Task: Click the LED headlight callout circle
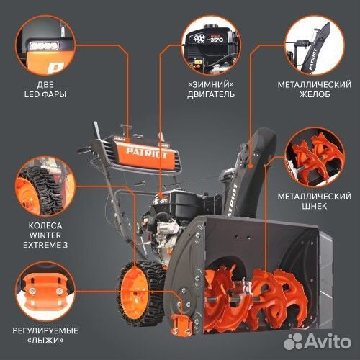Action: (x=45, y=45)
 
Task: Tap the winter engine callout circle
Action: (x=211, y=45)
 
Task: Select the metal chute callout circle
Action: (x=315, y=45)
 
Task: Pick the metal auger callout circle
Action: (x=315, y=157)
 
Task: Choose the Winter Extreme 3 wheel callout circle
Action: (x=45, y=186)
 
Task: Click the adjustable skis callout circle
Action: (x=45, y=292)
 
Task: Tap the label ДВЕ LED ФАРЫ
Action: (x=45, y=89)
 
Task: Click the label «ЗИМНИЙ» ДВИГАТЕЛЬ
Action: (x=211, y=89)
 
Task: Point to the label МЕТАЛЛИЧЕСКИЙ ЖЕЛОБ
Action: (x=315, y=89)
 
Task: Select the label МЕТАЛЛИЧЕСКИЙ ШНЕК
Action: (x=315, y=201)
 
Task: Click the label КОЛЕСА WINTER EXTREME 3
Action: (x=45, y=235)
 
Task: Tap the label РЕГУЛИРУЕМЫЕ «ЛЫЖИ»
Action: (x=45, y=336)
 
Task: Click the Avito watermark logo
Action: (x=318, y=341)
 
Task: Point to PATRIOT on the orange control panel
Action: (x=147, y=153)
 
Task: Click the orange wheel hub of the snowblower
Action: (x=134, y=292)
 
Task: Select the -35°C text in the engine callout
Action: (x=215, y=39)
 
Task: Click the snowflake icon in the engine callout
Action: (x=199, y=39)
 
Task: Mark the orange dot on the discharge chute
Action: (x=250, y=166)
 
